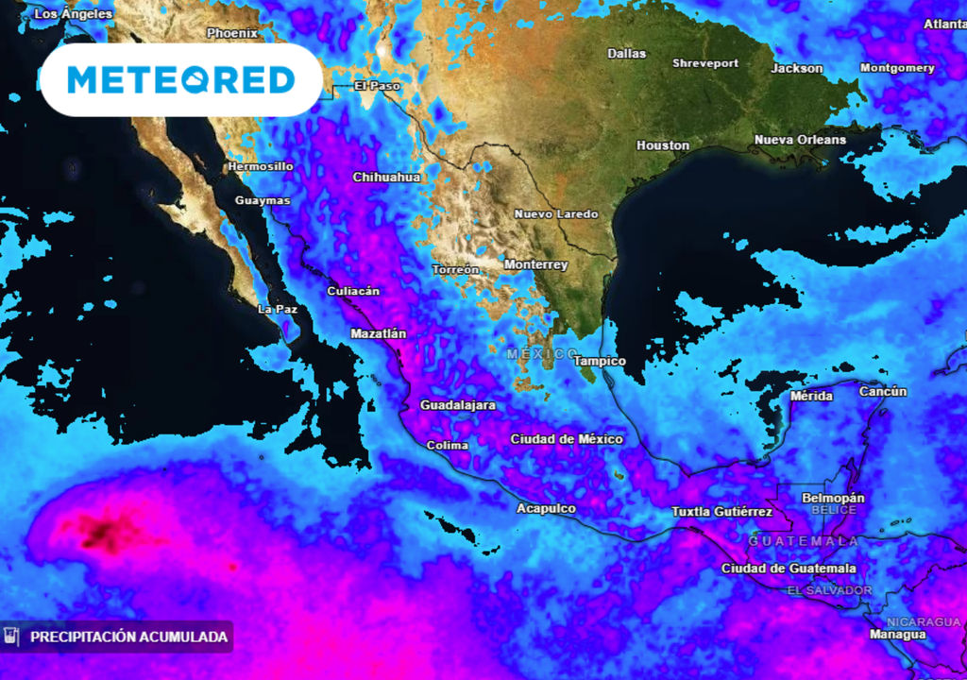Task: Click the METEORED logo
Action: [x=181, y=79]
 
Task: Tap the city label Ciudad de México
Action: [x=567, y=439]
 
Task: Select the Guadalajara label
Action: [x=457, y=405]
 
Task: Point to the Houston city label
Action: [x=663, y=145]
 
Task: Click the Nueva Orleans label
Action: [x=800, y=140]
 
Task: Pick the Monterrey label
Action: [x=535, y=265]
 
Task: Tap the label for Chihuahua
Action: [x=386, y=177]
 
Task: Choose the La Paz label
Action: [x=278, y=309]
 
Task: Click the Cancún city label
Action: [x=883, y=391]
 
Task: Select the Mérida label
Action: [x=811, y=396]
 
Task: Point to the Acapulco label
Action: [x=546, y=508]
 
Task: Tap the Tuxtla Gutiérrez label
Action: [x=721, y=512]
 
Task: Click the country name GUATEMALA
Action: [x=804, y=541]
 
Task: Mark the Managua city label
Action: [x=897, y=635]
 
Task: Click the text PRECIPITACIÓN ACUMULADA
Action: [x=128, y=637]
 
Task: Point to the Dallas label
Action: [x=627, y=54]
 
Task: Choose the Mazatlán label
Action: [x=378, y=333]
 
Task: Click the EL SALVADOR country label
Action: [x=830, y=590]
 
